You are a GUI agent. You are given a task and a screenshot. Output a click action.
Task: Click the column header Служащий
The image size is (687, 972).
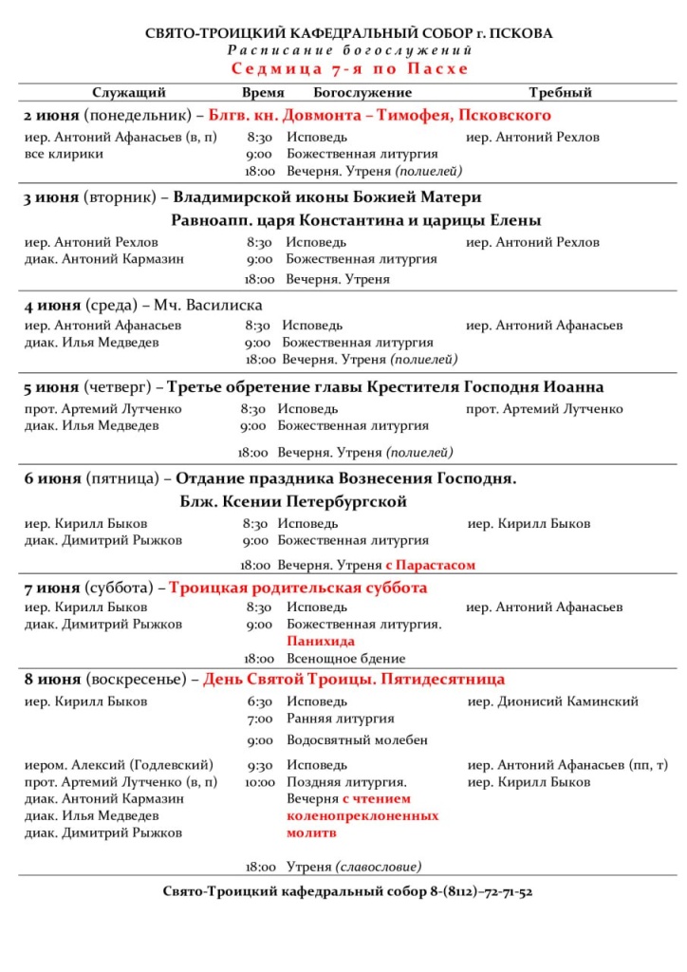click(x=128, y=93)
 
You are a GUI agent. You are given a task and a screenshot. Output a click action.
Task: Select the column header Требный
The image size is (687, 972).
click(x=560, y=93)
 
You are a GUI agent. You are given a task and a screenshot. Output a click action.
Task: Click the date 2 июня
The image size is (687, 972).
click(x=51, y=116)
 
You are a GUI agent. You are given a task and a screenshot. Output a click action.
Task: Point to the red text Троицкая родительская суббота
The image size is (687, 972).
click(x=298, y=588)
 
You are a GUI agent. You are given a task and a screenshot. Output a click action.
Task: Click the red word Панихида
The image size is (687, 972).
click(x=315, y=642)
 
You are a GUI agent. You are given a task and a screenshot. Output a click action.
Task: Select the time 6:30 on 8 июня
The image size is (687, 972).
click(x=259, y=701)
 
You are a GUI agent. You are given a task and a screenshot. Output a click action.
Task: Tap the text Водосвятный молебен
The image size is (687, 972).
click(x=357, y=739)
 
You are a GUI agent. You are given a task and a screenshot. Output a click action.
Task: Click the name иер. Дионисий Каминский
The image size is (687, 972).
click(x=553, y=701)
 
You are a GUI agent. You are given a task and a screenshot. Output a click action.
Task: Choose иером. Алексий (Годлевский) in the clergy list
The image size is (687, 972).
click(x=119, y=764)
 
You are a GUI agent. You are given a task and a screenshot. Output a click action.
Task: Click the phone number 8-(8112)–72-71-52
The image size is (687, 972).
click(x=481, y=892)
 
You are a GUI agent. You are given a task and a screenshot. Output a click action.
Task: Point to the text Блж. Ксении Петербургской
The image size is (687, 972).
click(x=292, y=501)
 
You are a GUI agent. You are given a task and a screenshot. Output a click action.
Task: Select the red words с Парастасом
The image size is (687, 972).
click(x=430, y=565)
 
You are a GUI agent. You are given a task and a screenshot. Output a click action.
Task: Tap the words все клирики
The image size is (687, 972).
click(x=64, y=154)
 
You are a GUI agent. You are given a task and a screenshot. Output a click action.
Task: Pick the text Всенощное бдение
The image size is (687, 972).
click(x=345, y=659)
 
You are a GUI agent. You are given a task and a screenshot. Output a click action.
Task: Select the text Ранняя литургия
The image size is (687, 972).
click(x=340, y=719)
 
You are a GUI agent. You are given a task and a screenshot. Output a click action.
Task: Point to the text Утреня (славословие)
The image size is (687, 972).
click(x=354, y=867)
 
